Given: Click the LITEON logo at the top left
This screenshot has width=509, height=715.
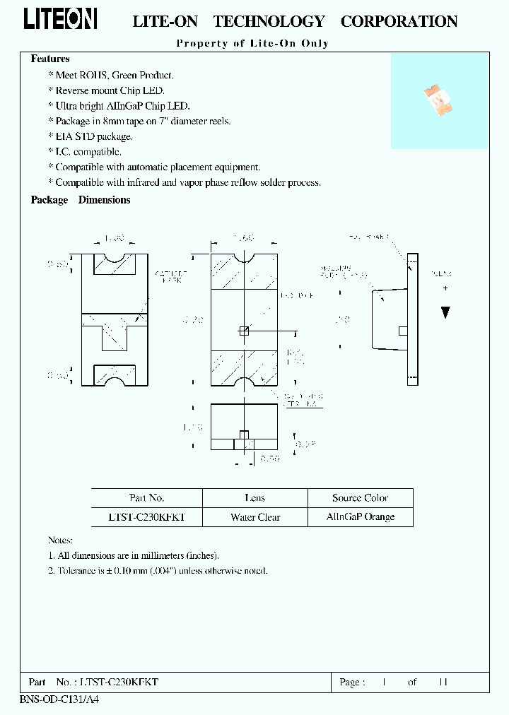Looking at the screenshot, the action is click(x=60, y=19).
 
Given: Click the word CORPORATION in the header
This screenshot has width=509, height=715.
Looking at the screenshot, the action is click(x=399, y=22).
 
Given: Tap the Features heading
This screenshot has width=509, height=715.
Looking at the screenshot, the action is click(x=50, y=59).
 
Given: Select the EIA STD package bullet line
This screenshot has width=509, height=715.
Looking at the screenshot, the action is click(x=90, y=136).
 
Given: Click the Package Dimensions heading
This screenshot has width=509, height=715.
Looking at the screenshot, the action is click(x=81, y=200).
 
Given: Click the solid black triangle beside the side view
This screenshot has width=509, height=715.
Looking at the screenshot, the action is click(x=445, y=312).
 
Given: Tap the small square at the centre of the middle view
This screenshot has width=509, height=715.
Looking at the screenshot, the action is click(x=245, y=330).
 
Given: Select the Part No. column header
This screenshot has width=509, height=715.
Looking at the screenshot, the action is click(x=147, y=497).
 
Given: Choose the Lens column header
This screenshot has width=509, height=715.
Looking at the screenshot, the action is click(x=255, y=497).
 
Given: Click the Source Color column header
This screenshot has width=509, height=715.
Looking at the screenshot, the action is click(x=361, y=497).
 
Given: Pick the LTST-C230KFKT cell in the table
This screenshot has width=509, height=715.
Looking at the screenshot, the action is click(x=147, y=517).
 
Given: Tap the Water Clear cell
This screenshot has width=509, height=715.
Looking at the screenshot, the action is click(x=255, y=517).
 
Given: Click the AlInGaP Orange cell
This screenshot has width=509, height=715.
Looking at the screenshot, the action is click(x=361, y=517).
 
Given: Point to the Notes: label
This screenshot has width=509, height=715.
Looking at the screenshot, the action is click(x=62, y=539).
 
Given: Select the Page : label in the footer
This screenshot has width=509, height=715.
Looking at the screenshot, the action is click(x=353, y=682).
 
